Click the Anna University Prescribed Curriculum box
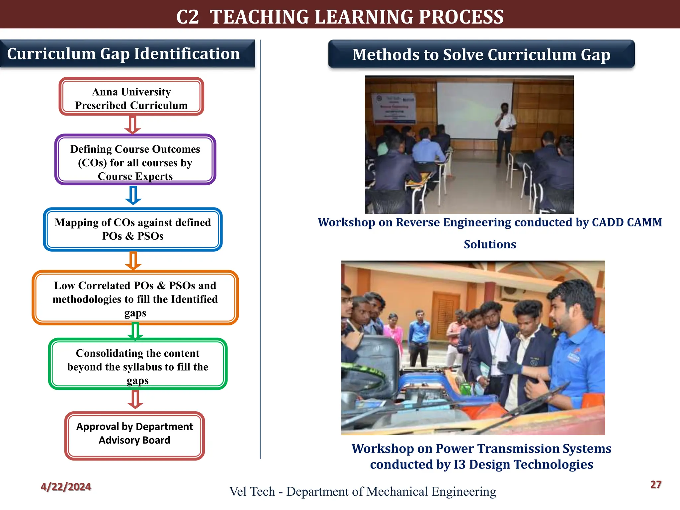[131, 97]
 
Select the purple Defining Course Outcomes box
[135, 160]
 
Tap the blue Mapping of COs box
[132, 229]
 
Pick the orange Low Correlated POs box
[135, 298]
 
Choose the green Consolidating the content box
[137, 364]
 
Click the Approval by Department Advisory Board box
[134, 436]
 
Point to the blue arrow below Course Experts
[133, 195]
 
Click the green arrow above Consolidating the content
[135, 331]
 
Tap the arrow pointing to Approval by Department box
[135, 399]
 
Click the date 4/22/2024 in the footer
[66, 487]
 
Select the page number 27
[656, 484]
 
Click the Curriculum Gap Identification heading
[124, 54]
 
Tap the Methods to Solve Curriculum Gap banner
[481, 54]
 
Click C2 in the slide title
[188, 17]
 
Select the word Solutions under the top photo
[490, 244]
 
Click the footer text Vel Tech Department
[363, 491]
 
